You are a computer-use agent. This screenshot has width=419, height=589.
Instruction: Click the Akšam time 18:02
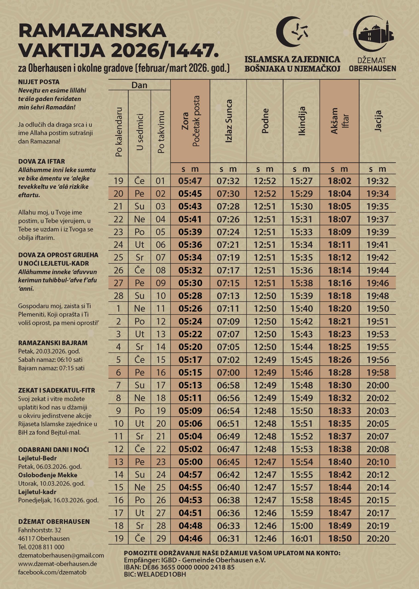339,181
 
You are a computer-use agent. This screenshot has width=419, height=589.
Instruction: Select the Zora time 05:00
191,462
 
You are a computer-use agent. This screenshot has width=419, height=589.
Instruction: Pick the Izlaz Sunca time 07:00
228,372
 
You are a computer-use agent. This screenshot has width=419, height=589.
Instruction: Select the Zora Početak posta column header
190,121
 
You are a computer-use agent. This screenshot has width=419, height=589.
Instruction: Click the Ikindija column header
302,121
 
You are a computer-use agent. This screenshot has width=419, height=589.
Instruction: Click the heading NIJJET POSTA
39,82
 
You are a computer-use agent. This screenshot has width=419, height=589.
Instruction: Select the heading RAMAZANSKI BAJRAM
53,343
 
